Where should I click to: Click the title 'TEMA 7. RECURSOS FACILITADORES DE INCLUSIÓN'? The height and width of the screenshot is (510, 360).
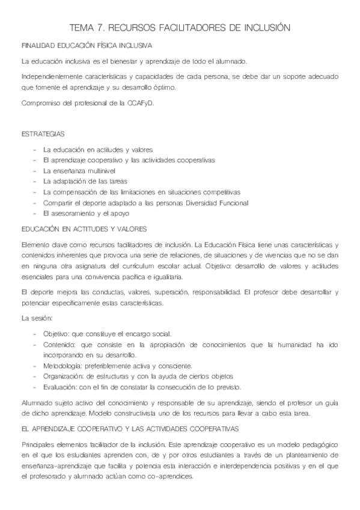pos(180,28)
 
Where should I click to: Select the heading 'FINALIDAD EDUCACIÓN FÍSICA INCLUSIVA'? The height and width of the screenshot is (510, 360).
pos(87,46)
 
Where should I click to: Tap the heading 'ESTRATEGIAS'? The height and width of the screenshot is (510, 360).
pos(43,133)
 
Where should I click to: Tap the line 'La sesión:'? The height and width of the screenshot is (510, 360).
pos(37,317)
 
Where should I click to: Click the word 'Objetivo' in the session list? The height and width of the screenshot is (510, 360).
pos(56,333)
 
